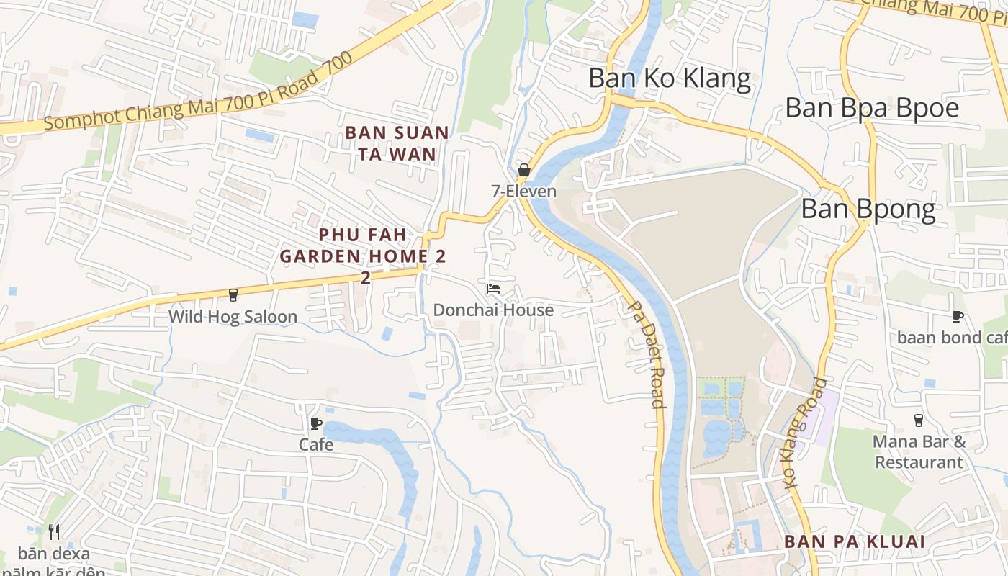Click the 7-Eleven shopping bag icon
tap(524, 171)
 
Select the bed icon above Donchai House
tap(493, 289)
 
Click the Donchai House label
tap(493, 310)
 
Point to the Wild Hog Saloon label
tap(233, 317)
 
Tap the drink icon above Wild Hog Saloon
tap(233, 294)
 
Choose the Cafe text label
tap(316, 444)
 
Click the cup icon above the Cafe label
tap(315, 423)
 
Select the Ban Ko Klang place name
tap(670, 78)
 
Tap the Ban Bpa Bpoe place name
tap(872, 108)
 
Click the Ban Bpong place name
tap(868, 210)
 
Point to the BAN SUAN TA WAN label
tap(397, 143)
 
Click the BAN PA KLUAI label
tap(854, 541)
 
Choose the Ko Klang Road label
tap(806, 433)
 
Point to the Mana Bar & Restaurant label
tap(919, 451)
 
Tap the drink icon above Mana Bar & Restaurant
tap(919, 420)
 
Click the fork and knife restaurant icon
tap(54, 532)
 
